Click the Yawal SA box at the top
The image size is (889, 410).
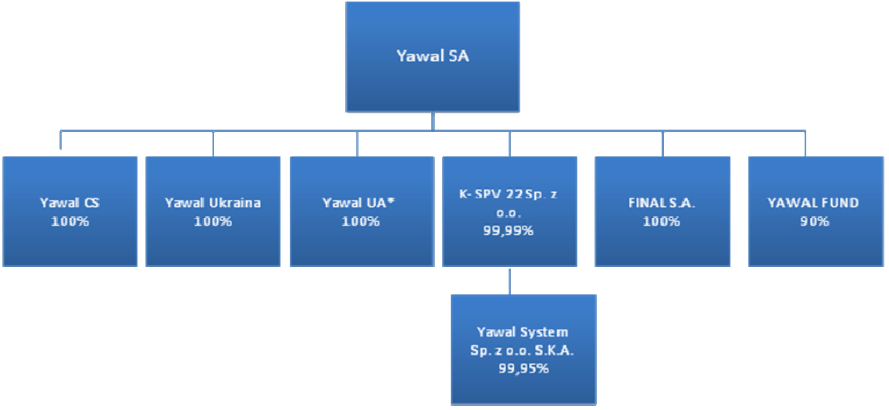(x=432, y=57)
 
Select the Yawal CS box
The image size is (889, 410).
(x=70, y=212)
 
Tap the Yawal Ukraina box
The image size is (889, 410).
(x=212, y=212)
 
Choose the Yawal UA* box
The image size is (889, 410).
(x=360, y=212)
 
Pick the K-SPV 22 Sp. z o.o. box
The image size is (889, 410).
(x=509, y=212)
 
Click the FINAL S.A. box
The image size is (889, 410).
(x=662, y=212)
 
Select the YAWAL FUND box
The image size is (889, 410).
(x=816, y=212)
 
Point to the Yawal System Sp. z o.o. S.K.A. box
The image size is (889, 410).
(x=523, y=349)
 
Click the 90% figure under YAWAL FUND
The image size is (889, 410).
(x=815, y=221)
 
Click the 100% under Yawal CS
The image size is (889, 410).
(x=70, y=221)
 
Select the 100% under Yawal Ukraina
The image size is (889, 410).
(x=212, y=221)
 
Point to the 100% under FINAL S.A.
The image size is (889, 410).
(x=661, y=221)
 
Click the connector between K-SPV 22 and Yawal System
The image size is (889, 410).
(x=509, y=280)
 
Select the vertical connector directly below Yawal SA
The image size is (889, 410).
(x=433, y=121)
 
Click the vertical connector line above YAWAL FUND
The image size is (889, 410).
(x=805, y=144)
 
